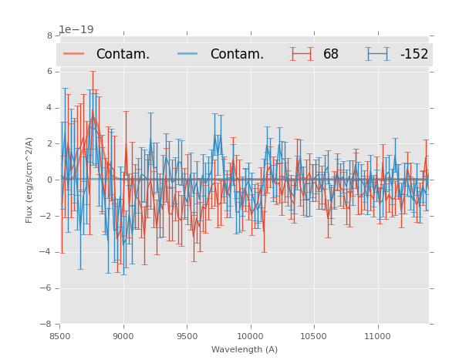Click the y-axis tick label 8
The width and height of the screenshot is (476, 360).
coord(49,35)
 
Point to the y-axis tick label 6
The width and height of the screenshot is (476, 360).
coord(49,72)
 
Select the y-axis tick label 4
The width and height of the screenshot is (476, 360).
coord(49,108)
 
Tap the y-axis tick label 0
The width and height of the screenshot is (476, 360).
coord(49,180)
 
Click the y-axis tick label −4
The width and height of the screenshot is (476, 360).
coord(47,252)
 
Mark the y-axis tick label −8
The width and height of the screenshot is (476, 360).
coord(47,325)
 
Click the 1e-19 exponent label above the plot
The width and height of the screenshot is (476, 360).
coord(76,30)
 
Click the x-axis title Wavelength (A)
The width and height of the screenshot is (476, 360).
coord(245,349)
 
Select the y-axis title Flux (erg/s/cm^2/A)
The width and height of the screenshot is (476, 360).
coord(29,180)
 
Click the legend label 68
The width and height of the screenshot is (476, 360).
coord(331,55)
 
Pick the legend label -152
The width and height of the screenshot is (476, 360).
coord(414,55)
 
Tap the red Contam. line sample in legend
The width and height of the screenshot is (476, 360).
coord(74,54)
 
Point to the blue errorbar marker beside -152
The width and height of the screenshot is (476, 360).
coord(378,54)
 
